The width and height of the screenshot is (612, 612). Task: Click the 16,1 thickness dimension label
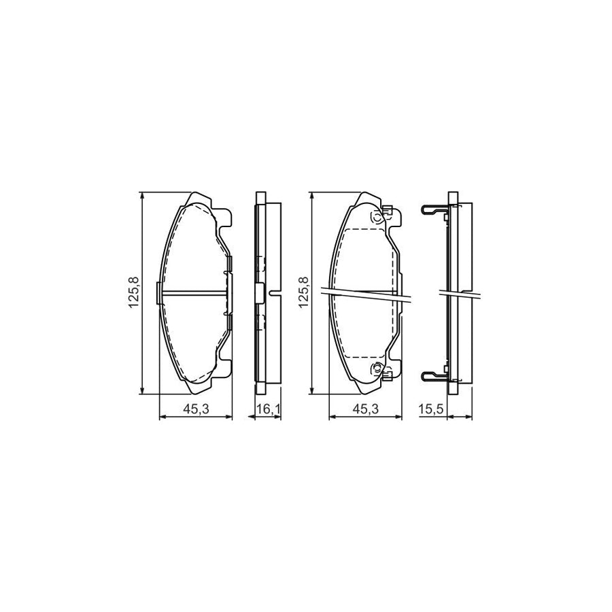[x=266, y=408]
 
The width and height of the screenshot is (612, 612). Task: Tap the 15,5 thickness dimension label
[x=437, y=408]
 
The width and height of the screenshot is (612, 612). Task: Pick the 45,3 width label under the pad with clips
[x=365, y=408]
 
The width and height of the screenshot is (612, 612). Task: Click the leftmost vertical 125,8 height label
[x=133, y=292]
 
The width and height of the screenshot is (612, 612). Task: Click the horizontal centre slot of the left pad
[x=193, y=293]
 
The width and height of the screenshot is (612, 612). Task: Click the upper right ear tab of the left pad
[x=225, y=218]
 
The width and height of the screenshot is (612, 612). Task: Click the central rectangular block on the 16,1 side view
[x=259, y=293]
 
